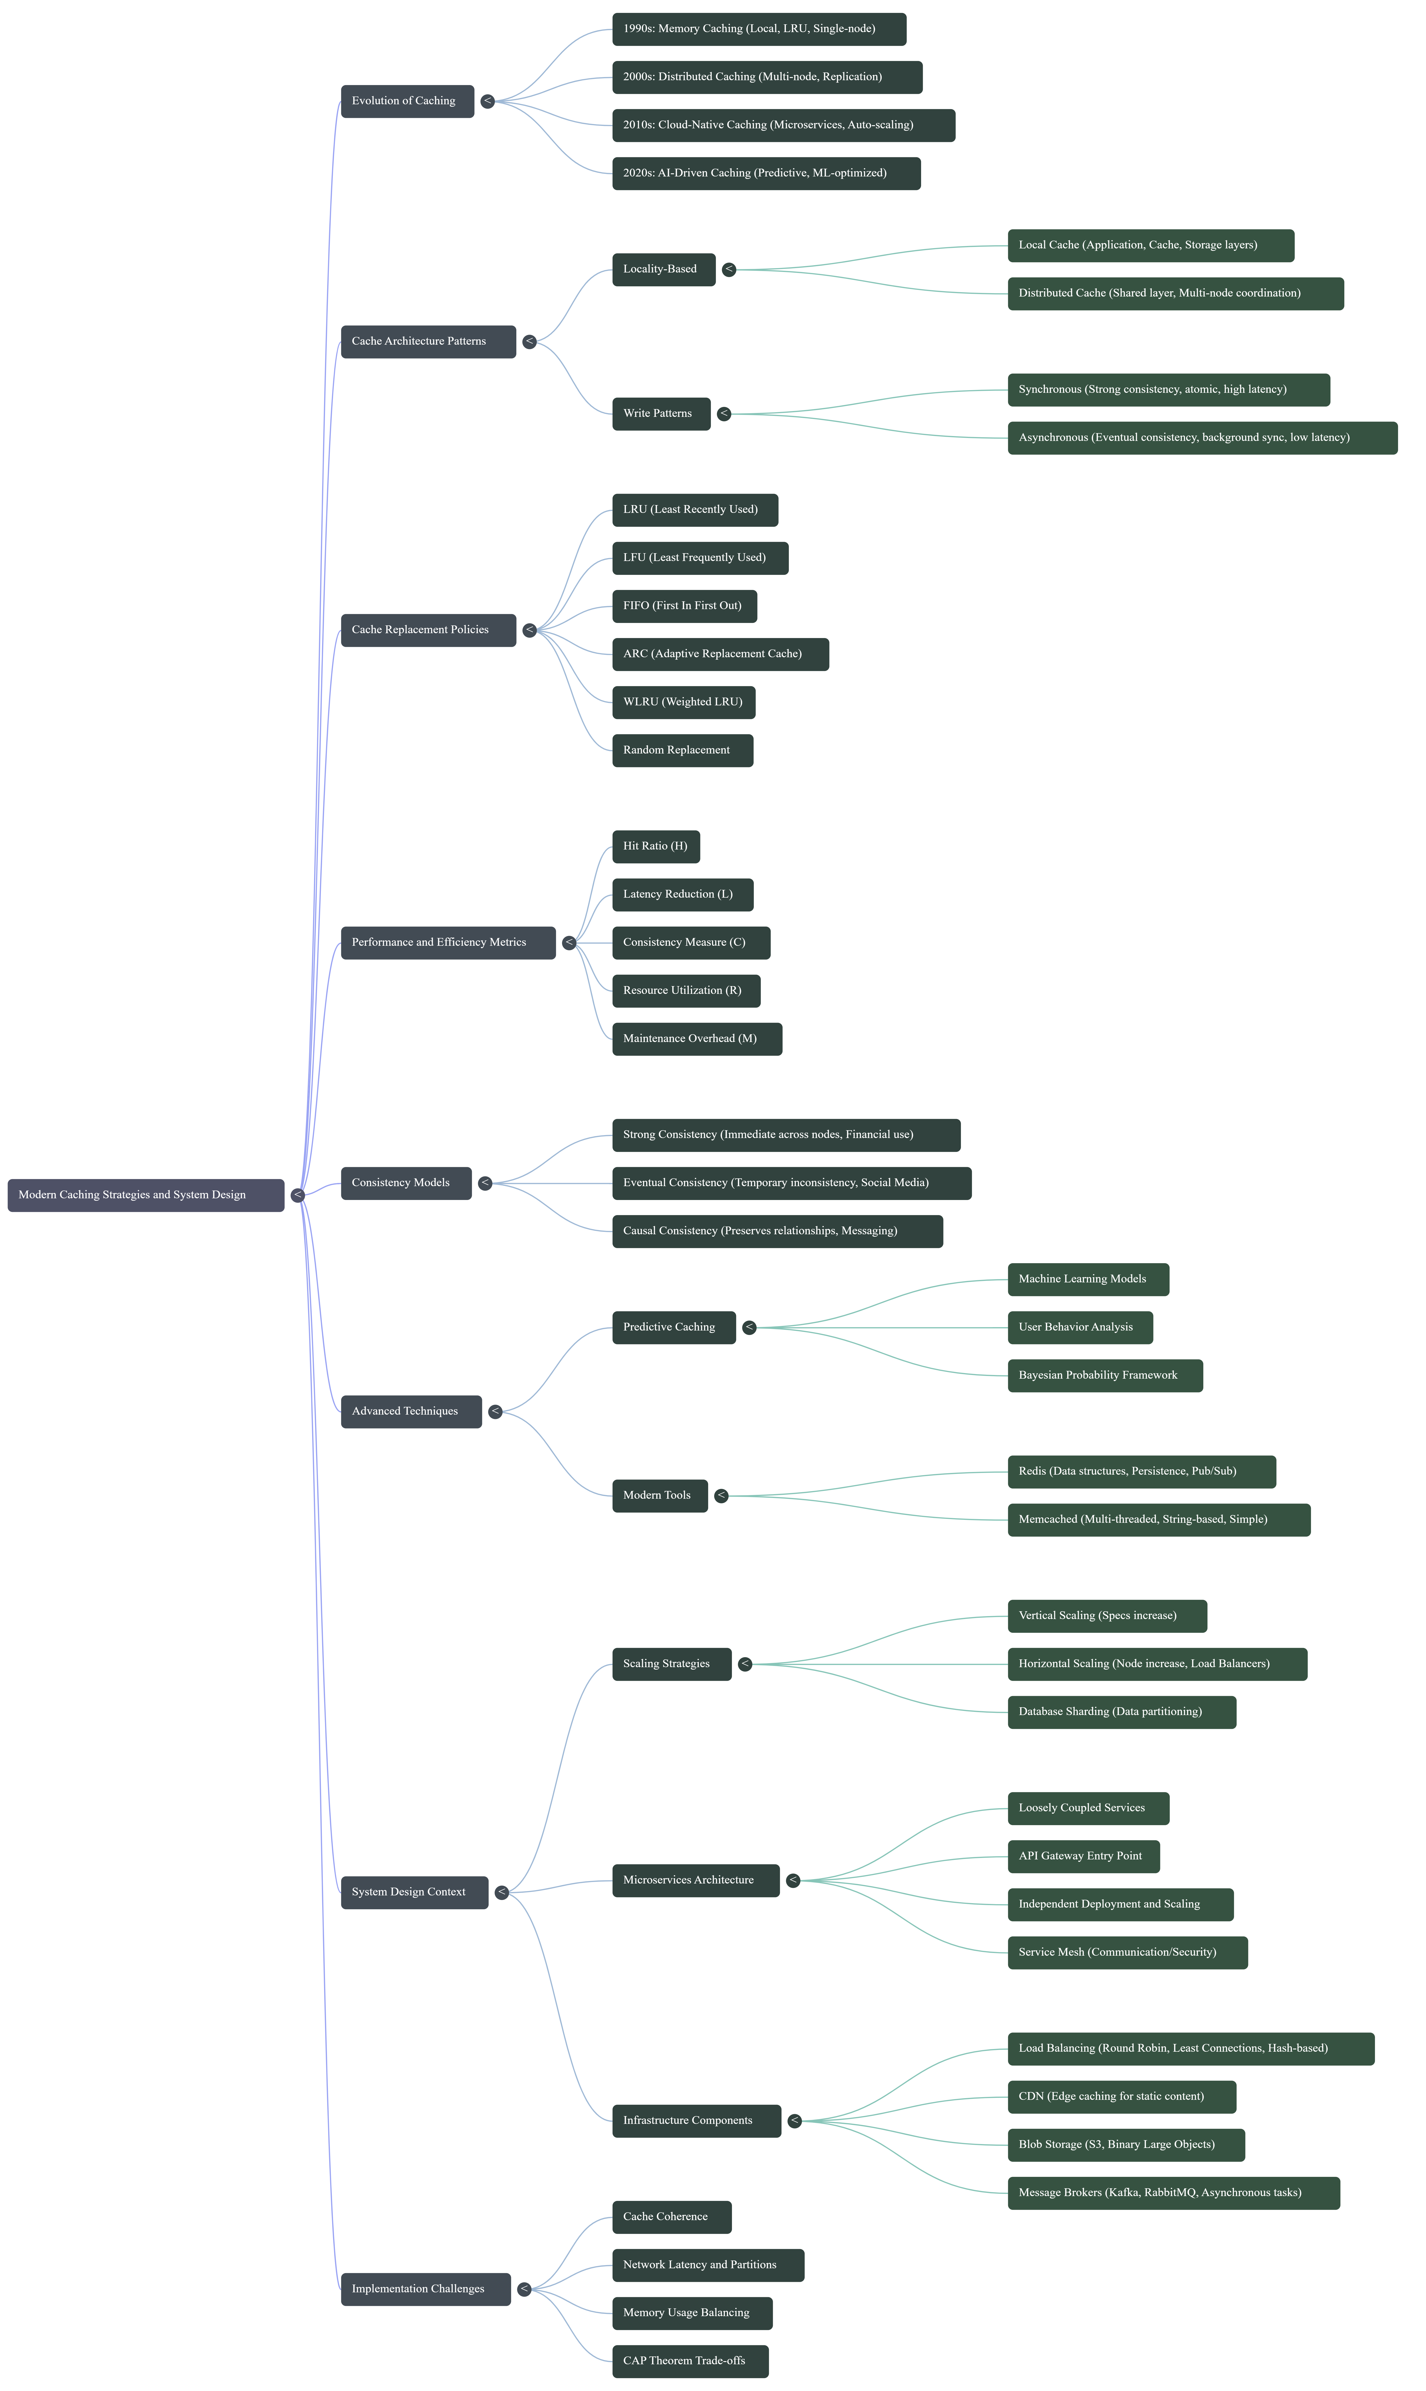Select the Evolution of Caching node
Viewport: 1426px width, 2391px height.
coord(406,101)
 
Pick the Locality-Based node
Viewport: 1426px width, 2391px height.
coord(663,269)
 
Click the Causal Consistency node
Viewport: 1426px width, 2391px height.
coord(776,1231)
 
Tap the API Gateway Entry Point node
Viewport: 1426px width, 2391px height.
coord(1083,1856)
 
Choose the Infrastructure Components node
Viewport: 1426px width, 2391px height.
coord(696,2120)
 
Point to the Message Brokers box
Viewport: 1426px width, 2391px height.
coord(1172,2192)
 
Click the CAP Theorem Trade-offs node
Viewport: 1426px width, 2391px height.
coord(690,2360)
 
